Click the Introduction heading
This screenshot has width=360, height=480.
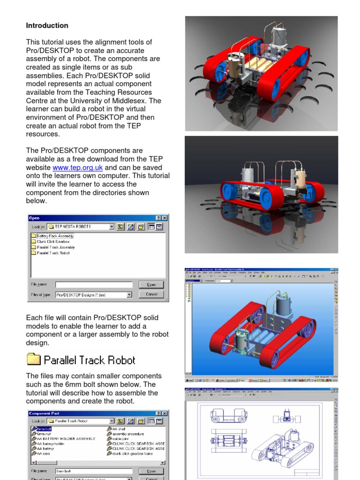coord(47,25)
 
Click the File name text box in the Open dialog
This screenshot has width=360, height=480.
coord(94,285)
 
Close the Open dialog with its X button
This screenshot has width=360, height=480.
coord(165,218)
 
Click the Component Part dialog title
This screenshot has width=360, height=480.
coord(45,413)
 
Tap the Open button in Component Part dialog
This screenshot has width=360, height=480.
coord(151,471)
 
